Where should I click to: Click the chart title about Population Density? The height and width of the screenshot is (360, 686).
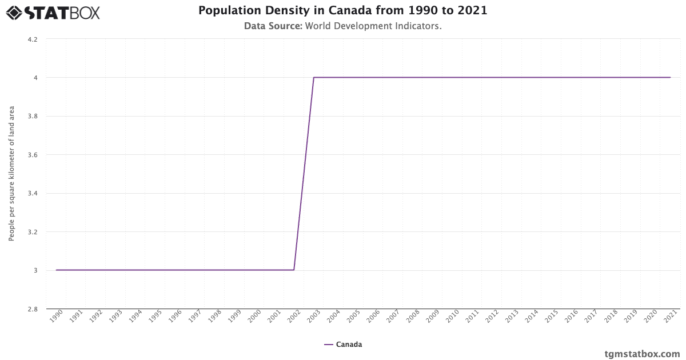pyautogui.click(x=343, y=11)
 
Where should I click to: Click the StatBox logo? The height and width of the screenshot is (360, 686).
pyautogui.click(x=53, y=12)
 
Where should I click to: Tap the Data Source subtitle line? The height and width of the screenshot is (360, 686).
pyautogui.click(x=343, y=26)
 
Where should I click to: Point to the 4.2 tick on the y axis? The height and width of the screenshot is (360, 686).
pyautogui.click(x=33, y=39)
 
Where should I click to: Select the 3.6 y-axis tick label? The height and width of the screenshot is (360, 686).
pyautogui.click(x=33, y=155)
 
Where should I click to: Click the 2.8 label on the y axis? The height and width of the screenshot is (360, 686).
pyautogui.click(x=33, y=309)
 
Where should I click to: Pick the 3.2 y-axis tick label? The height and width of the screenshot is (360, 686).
pyautogui.click(x=33, y=232)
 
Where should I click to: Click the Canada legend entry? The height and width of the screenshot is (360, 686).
pyautogui.click(x=343, y=345)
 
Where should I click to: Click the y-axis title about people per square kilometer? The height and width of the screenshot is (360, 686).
pyautogui.click(x=11, y=173)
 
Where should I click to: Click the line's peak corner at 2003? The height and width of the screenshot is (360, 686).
pyautogui.click(x=313, y=78)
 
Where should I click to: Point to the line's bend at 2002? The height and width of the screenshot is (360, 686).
pyautogui.click(x=294, y=270)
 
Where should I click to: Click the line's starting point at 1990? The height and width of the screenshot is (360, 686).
pyautogui.click(x=56, y=270)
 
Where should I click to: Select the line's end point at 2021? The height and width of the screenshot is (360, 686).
pyautogui.click(x=670, y=77)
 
